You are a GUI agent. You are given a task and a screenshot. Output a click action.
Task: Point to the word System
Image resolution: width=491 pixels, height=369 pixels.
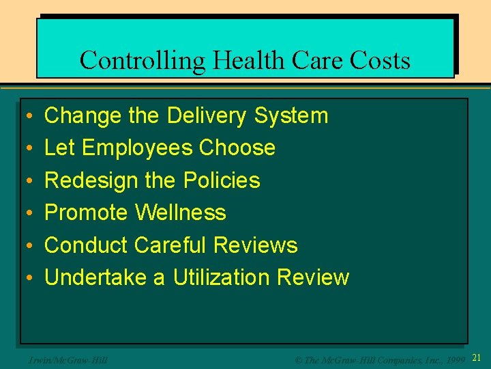point(291,116)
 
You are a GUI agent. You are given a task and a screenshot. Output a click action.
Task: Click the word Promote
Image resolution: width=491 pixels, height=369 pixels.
point(86,213)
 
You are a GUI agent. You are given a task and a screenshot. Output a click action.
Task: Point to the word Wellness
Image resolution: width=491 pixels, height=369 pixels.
point(181,213)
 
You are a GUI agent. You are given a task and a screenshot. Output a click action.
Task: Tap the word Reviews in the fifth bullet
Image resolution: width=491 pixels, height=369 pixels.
point(256,245)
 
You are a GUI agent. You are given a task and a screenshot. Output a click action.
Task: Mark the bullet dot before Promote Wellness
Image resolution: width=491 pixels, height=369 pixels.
point(25,213)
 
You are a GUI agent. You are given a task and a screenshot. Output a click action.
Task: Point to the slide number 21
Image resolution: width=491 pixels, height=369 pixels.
point(477,357)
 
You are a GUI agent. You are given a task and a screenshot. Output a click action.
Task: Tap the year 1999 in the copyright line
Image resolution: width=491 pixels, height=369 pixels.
point(455,359)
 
